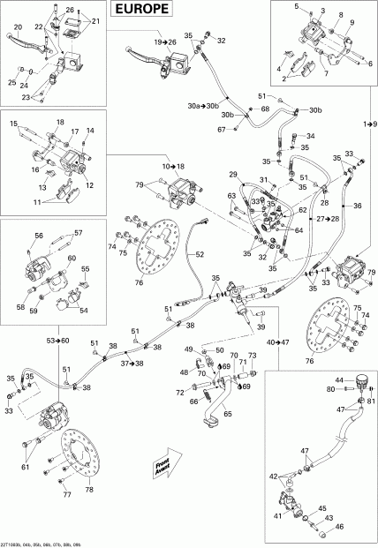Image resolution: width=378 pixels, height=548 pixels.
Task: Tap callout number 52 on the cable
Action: (200, 254)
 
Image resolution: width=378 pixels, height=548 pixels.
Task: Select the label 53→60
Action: (59, 340)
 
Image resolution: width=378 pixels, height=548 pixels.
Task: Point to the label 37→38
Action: (133, 363)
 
